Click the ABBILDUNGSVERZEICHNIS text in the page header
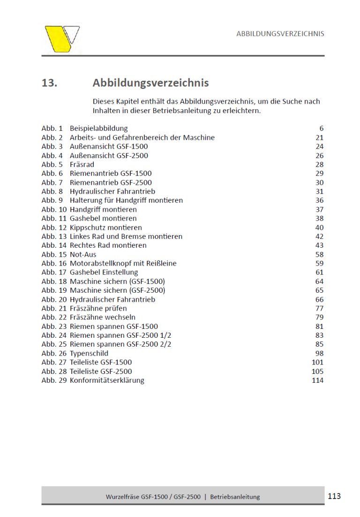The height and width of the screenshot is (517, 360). [x=280, y=34]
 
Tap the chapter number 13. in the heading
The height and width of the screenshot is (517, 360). [x=49, y=83]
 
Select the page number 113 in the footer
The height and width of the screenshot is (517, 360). [x=334, y=496]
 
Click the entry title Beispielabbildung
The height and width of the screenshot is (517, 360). [x=98, y=129]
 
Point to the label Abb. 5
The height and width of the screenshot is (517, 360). [x=52, y=165]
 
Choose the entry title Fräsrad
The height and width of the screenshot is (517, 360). [x=82, y=165]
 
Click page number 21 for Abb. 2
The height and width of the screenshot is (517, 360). [x=319, y=137]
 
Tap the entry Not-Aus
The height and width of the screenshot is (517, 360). [x=83, y=255]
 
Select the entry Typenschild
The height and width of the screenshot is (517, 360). [x=89, y=353]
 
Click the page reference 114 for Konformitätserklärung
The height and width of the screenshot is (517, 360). [x=317, y=380]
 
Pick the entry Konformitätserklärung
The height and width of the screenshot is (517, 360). [x=107, y=380]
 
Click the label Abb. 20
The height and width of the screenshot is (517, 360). [x=54, y=299]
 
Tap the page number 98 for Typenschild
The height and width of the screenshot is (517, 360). [x=319, y=353]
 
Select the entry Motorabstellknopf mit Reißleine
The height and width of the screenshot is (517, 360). [x=123, y=264]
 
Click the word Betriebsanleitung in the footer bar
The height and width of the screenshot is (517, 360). [x=235, y=497]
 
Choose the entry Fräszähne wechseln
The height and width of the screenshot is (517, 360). [x=103, y=317]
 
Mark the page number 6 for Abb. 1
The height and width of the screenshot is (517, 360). [x=322, y=129]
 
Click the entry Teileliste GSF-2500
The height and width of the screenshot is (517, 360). [x=101, y=372]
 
